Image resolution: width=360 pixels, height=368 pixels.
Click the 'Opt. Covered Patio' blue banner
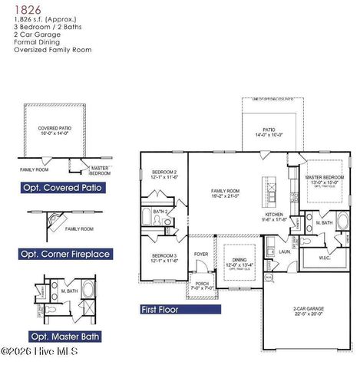tap(61, 187)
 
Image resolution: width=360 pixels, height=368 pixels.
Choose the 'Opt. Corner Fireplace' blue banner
tap(66, 254)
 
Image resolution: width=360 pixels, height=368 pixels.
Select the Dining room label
tap(240, 260)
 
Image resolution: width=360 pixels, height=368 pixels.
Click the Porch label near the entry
tap(201, 284)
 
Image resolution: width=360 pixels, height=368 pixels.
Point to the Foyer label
tap(201, 254)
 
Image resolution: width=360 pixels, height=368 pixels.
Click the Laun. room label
tap(284, 251)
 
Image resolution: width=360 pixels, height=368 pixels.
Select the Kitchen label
tap(275, 214)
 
